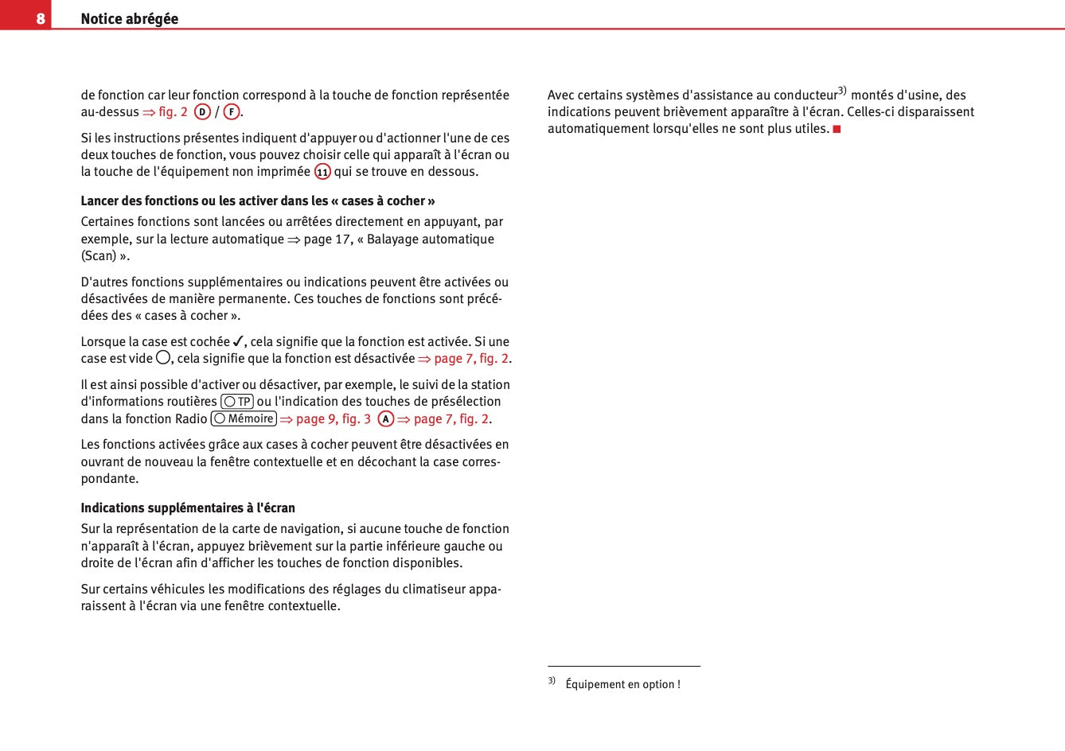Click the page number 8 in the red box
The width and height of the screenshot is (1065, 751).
pyautogui.click(x=40, y=18)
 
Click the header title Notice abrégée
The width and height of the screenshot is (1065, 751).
pyautogui.click(x=129, y=18)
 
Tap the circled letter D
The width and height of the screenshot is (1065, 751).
pyautogui.click(x=202, y=112)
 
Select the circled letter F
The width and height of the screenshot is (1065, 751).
pyautogui.click(x=232, y=112)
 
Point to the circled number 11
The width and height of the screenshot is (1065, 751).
pyautogui.click(x=322, y=172)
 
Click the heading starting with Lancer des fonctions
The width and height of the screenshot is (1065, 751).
pyautogui.click(x=257, y=200)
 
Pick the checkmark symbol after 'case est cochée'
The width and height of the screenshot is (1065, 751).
pyautogui.click(x=238, y=341)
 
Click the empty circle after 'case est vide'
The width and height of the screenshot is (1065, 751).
pyautogui.click(x=163, y=358)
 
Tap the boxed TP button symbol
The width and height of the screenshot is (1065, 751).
pyautogui.click(x=237, y=402)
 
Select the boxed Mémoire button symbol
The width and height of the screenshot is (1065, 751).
pyautogui.click(x=244, y=418)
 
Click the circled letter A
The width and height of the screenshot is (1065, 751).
pyautogui.click(x=386, y=419)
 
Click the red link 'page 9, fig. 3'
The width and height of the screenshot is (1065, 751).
pyautogui.click(x=333, y=419)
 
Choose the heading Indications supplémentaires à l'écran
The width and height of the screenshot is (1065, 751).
pyautogui.click(x=188, y=508)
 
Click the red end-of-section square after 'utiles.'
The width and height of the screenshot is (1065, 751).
pyautogui.click(x=837, y=129)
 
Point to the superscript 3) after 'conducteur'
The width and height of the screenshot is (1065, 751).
pyautogui.click(x=842, y=91)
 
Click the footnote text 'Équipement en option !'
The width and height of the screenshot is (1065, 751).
pyautogui.click(x=622, y=684)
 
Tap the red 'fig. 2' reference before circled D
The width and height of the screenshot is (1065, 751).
pyautogui.click(x=173, y=112)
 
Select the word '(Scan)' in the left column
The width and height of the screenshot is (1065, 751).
pyautogui.click(x=99, y=255)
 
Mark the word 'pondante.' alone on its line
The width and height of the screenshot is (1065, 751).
pyautogui.click(x=110, y=478)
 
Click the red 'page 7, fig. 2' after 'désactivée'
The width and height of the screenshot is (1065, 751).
pyautogui.click(x=470, y=359)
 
